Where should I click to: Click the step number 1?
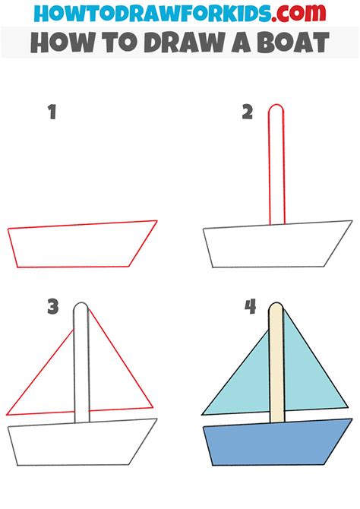(x=52, y=113)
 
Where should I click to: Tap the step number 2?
(x=247, y=112)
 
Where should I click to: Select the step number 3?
(x=52, y=307)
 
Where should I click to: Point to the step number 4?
(x=250, y=307)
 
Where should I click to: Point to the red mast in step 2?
(x=277, y=167)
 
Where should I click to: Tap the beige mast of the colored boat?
(x=277, y=365)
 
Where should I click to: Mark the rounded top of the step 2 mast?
(x=277, y=109)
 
